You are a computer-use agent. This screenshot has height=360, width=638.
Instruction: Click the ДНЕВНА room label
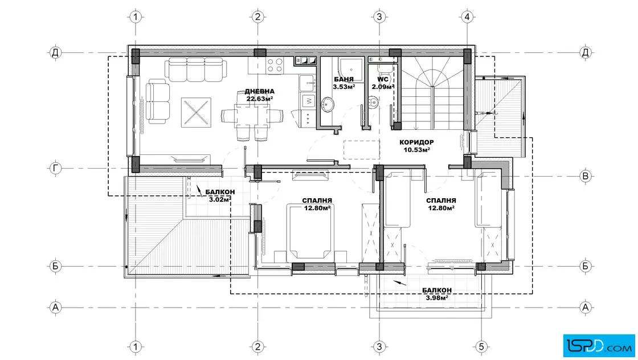pos(260,92)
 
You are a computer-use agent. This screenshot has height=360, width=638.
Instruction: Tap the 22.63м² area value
pos(260,99)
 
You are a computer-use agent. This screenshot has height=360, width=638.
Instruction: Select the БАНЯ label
pos(344,79)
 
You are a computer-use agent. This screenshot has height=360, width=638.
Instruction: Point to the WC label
pos(382,79)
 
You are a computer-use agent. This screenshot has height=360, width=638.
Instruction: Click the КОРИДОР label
pos(416,142)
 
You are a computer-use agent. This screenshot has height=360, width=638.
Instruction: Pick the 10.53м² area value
pos(416,149)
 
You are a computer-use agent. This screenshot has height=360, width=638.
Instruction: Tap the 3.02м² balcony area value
pos(220,199)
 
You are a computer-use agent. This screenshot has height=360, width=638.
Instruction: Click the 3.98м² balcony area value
pos(437,297)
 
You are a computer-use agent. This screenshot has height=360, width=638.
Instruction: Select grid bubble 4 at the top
pos(467,17)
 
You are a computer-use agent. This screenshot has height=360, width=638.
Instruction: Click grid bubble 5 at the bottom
pos(481,347)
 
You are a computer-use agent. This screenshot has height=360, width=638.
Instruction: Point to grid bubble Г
pos(55,168)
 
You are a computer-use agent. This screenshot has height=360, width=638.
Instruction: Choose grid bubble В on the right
pos(586,176)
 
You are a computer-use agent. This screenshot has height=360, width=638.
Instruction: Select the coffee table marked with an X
pos(196,112)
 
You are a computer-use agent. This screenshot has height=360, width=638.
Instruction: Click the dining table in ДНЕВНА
pos(251,116)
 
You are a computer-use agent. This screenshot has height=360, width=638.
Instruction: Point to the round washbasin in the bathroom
pos(328,105)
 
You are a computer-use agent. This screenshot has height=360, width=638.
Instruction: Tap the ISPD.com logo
pos(599,345)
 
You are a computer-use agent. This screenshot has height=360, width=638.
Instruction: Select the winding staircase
pos(432,93)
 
